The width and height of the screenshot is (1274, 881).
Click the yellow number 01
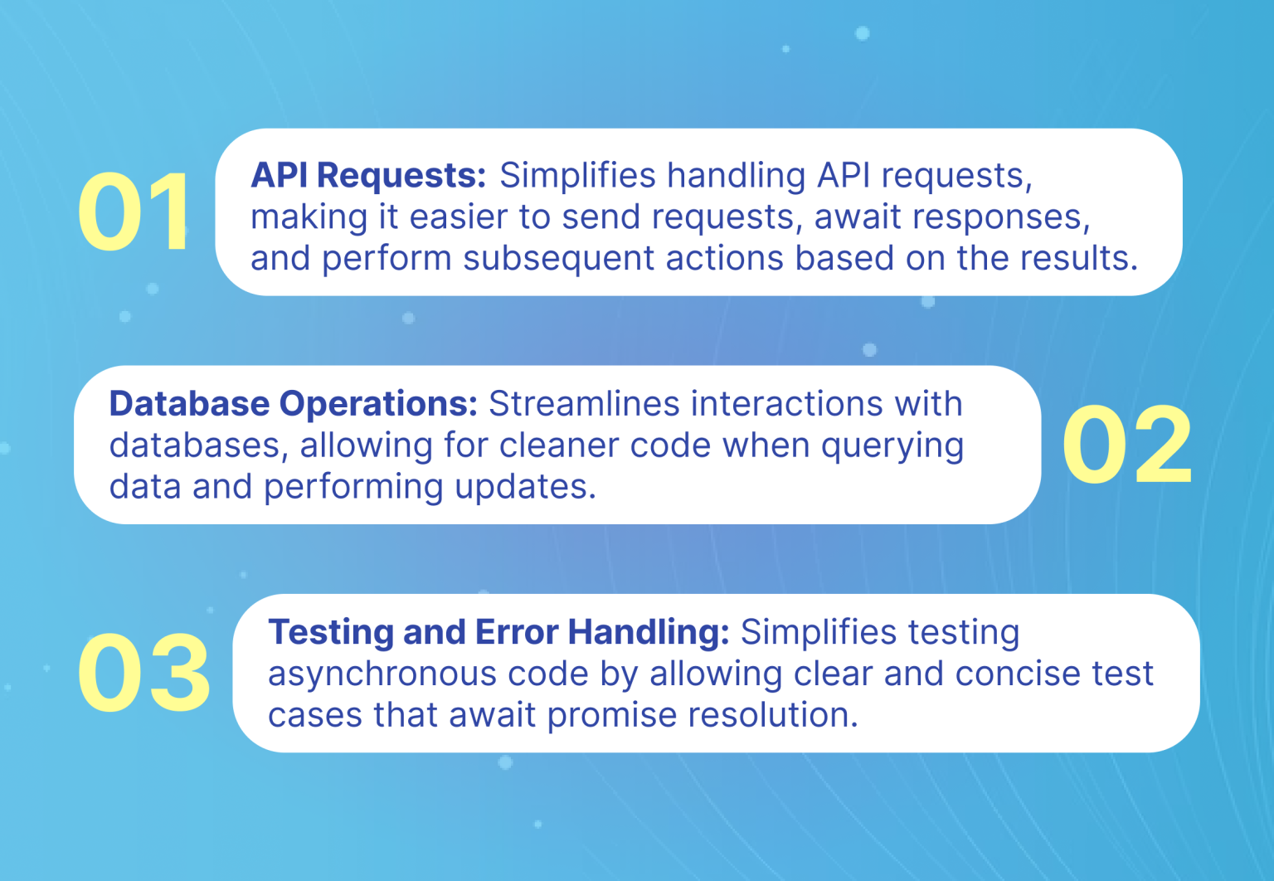pyautogui.click(x=135, y=212)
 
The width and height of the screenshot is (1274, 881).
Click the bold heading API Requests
pyautogui.click(x=367, y=176)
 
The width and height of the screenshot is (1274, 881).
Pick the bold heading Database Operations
pyautogui.click(x=293, y=404)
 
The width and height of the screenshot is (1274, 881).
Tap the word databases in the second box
pyautogui.click(x=199, y=445)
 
